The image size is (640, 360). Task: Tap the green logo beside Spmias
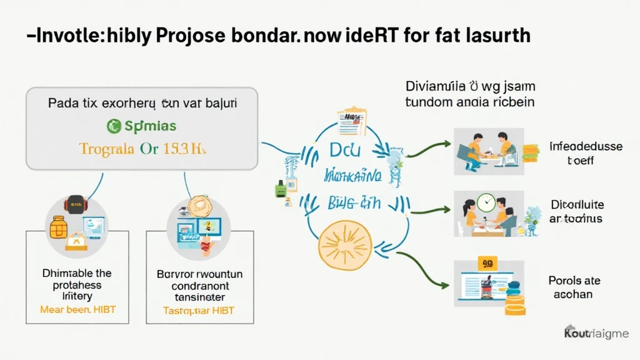[x=114, y=126]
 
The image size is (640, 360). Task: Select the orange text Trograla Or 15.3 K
[x=142, y=149]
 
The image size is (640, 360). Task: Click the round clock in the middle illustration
[x=485, y=202]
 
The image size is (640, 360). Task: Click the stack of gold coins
[x=515, y=307]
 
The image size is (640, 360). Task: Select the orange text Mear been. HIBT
[x=77, y=309]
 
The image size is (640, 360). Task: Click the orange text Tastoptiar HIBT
[x=199, y=310]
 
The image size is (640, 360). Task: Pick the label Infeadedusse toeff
[x=586, y=154]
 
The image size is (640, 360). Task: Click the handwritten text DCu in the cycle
[x=342, y=151]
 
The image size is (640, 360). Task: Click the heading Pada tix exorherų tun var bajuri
[x=142, y=104]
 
